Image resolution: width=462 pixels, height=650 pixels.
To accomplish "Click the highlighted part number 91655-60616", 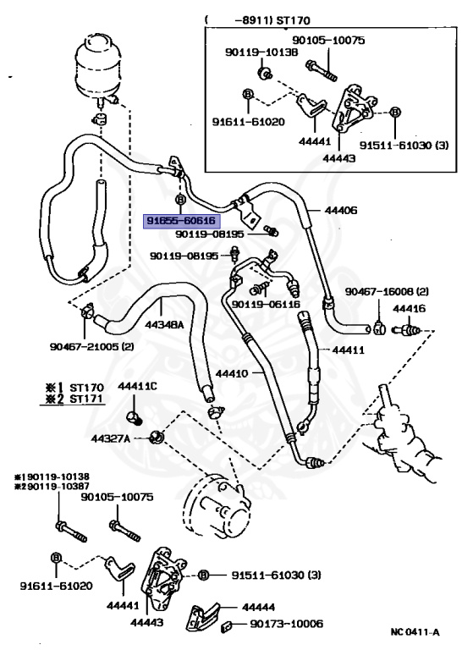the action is (x=181, y=222).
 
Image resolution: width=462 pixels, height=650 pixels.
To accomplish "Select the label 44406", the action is (x=340, y=211).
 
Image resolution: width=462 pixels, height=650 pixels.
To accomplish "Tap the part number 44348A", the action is (x=164, y=325).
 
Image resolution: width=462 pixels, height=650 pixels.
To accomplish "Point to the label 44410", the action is (x=231, y=373).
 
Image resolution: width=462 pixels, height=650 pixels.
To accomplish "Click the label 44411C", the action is (x=138, y=386).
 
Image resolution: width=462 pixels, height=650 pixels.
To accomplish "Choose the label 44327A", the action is (x=111, y=438).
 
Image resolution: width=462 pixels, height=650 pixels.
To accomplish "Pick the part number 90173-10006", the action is (x=286, y=624).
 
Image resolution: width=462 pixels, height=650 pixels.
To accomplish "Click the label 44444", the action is (x=258, y=608).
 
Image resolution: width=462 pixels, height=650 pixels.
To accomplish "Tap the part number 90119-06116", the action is (x=266, y=305).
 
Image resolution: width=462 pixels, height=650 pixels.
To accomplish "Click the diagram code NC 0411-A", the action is (x=415, y=632).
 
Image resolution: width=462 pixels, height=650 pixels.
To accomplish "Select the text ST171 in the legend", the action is (x=86, y=399).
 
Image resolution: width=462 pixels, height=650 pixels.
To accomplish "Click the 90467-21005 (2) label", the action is (x=92, y=346).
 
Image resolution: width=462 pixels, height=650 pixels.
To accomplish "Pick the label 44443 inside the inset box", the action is (x=339, y=158).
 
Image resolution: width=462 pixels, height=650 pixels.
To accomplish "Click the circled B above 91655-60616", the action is (x=180, y=200).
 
